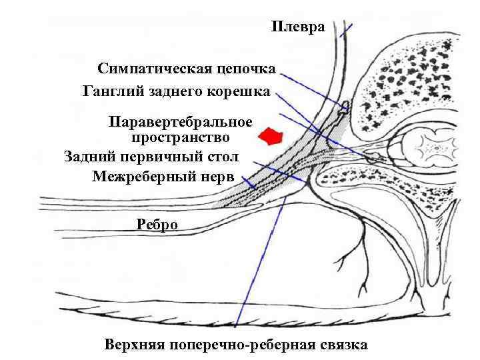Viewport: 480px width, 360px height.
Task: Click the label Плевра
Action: point(298,27)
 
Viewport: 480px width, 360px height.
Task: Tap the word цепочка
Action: point(251,69)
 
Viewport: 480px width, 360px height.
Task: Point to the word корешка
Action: point(242,90)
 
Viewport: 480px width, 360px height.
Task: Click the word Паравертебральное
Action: point(181,122)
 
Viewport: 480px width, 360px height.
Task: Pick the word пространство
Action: point(181,138)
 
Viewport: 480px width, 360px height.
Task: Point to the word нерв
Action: point(218,176)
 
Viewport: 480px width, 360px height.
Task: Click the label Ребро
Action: point(157,224)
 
